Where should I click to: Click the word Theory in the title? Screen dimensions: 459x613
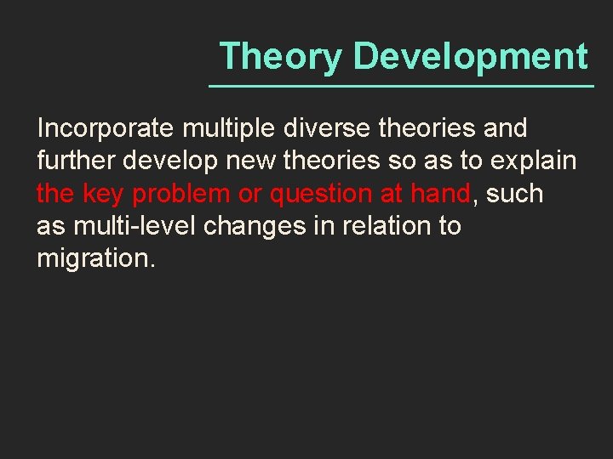281,57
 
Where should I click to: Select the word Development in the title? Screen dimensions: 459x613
470,57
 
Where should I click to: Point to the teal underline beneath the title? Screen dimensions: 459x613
401,87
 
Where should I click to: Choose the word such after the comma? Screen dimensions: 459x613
514,194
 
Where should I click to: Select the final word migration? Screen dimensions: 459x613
95,258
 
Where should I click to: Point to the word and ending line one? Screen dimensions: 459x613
504,129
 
